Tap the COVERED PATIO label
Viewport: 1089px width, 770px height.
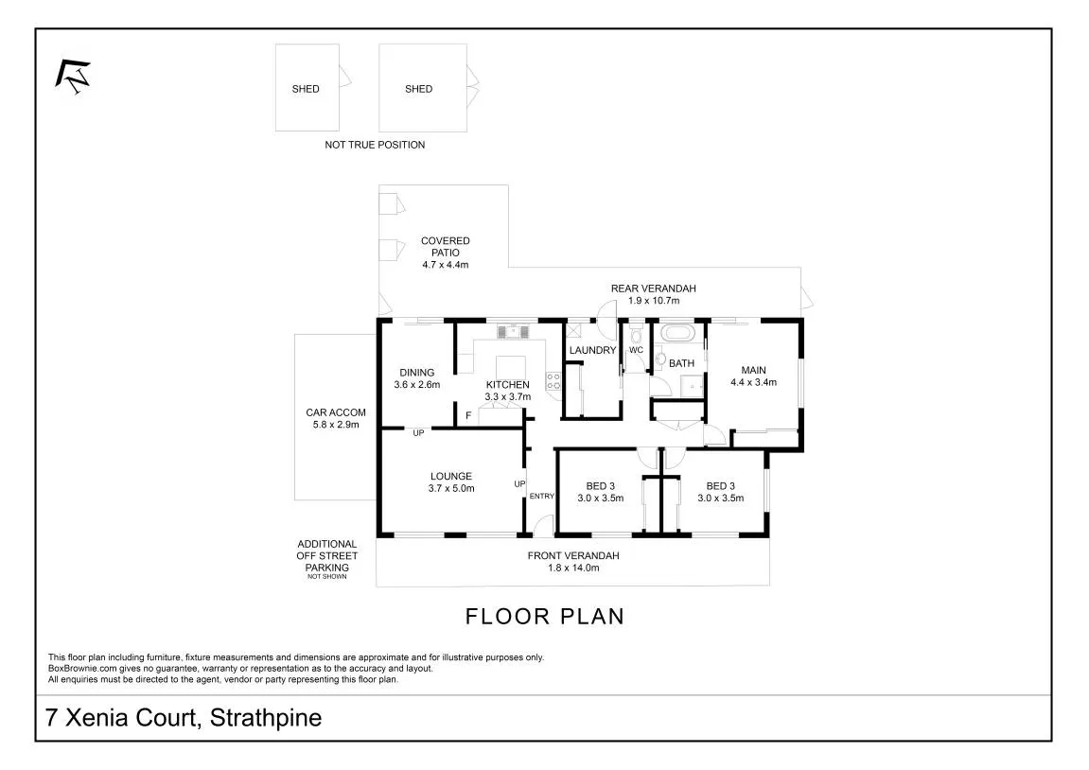[446, 247]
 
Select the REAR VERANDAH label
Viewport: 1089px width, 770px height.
[653, 289]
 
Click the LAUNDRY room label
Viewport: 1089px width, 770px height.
[592, 350]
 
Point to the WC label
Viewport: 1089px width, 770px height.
[636, 350]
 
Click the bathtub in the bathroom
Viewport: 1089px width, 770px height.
[677, 333]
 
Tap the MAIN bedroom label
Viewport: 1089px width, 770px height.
[753, 370]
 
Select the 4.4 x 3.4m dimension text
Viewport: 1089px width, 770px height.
[753, 382]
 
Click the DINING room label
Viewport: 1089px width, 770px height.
[416, 372]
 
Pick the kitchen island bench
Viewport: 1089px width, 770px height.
[511, 367]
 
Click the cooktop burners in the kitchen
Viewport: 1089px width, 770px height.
[553, 380]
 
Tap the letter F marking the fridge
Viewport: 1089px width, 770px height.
[468, 416]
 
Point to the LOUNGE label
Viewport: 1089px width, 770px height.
[450, 477]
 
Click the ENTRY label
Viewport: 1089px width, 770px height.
[542, 496]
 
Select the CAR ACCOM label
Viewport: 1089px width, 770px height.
[336, 412]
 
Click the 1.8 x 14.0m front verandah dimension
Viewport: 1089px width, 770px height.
[573, 568]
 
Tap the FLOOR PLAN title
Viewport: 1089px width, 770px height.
[545, 617]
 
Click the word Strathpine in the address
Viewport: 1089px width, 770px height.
[266, 717]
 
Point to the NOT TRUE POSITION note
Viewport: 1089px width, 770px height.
[375, 145]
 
